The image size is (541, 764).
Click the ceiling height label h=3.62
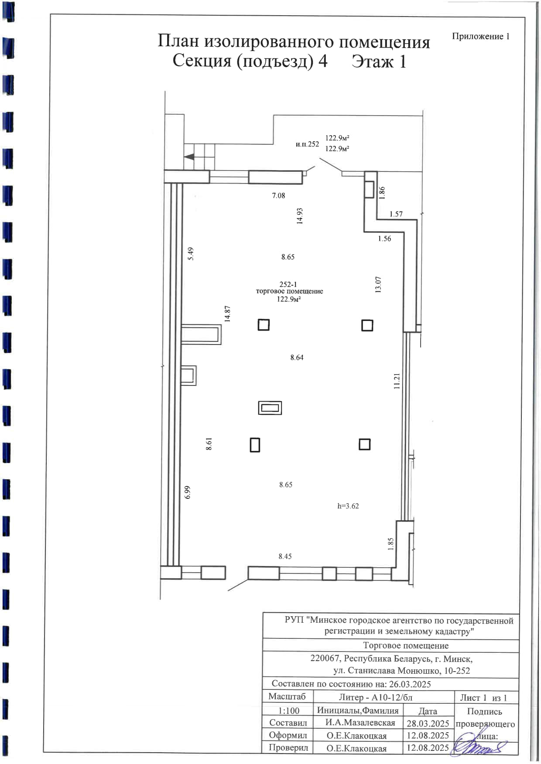[348, 506]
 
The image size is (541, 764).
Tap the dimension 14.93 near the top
[300, 216]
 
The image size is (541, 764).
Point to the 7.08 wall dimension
[278, 195]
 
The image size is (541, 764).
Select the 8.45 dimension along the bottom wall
[285, 556]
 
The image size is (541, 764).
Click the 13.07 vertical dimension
[378, 284]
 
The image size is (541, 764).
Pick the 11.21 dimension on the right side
[397, 381]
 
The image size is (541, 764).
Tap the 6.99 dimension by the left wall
[188, 492]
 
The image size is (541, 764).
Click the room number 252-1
[288, 284]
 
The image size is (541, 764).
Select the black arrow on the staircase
[189, 157]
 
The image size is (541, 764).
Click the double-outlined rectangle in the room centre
[270, 408]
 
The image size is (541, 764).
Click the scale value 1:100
[289, 710]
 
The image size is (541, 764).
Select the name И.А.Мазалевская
[360, 723]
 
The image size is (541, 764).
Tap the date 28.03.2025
[428, 723]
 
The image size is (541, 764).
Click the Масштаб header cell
[287, 696]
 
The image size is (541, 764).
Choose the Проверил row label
[288, 747]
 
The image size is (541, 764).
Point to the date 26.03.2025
[410, 684]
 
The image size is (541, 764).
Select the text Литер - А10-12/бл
[376, 697]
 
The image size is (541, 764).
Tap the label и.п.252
[307, 144]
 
